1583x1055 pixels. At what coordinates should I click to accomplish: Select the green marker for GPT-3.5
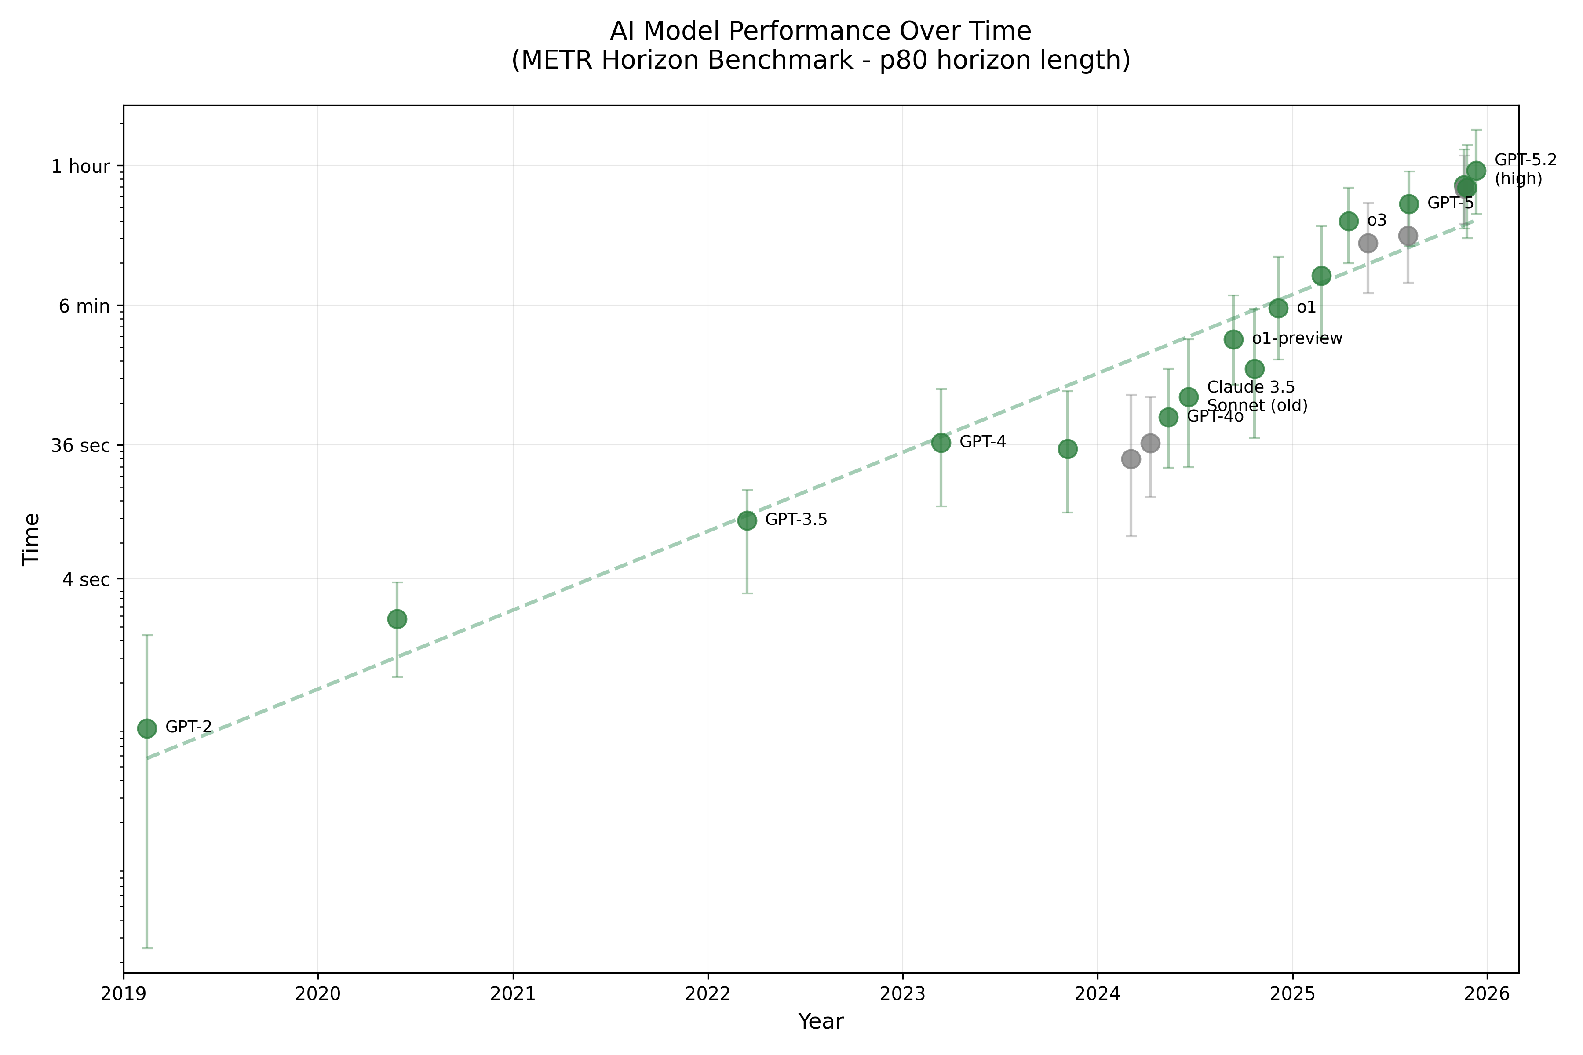click(746, 520)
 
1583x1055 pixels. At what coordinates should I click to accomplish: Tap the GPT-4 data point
click(941, 443)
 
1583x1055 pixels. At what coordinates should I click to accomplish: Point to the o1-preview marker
click(1233, 339)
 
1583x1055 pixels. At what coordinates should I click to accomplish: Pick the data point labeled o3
click(1348, 222)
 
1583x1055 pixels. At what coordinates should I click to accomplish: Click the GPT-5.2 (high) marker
click(1476, 170)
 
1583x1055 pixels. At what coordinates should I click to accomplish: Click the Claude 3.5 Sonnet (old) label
click(1257, 397)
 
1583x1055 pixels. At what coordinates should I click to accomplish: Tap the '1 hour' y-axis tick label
click(81, 166)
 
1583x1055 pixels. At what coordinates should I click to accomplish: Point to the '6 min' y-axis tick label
click(84, 306)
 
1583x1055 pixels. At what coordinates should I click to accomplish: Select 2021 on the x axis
click(513, 994)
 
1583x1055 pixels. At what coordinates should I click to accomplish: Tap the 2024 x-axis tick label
click(1097, 994)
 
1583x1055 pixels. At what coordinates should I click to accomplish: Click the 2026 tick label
click(1487, 994)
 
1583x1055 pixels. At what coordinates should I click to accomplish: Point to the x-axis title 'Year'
click(821, 1021)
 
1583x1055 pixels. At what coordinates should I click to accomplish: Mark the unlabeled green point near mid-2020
click(397, 619)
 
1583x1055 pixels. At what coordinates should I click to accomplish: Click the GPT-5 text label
click(1450, 203)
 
